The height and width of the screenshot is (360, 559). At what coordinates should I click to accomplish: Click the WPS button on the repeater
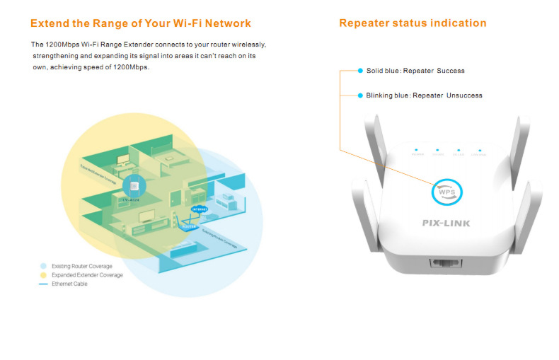click(446, 192)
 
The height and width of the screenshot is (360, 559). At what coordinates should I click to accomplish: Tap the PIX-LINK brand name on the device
click(446, 223)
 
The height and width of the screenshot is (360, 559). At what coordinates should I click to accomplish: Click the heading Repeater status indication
click(413, 23)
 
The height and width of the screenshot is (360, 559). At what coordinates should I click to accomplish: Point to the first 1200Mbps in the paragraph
click(60, 45)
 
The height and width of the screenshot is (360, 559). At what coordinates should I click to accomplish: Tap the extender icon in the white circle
click(132, 186)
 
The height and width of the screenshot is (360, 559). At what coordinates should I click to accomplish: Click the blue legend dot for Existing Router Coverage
click(42, 266)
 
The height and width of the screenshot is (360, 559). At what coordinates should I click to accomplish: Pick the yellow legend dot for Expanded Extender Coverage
click(42, 274)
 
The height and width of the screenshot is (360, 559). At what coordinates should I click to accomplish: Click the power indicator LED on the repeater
click(417, 151)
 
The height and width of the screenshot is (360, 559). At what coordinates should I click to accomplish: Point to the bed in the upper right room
click(230, 202)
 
